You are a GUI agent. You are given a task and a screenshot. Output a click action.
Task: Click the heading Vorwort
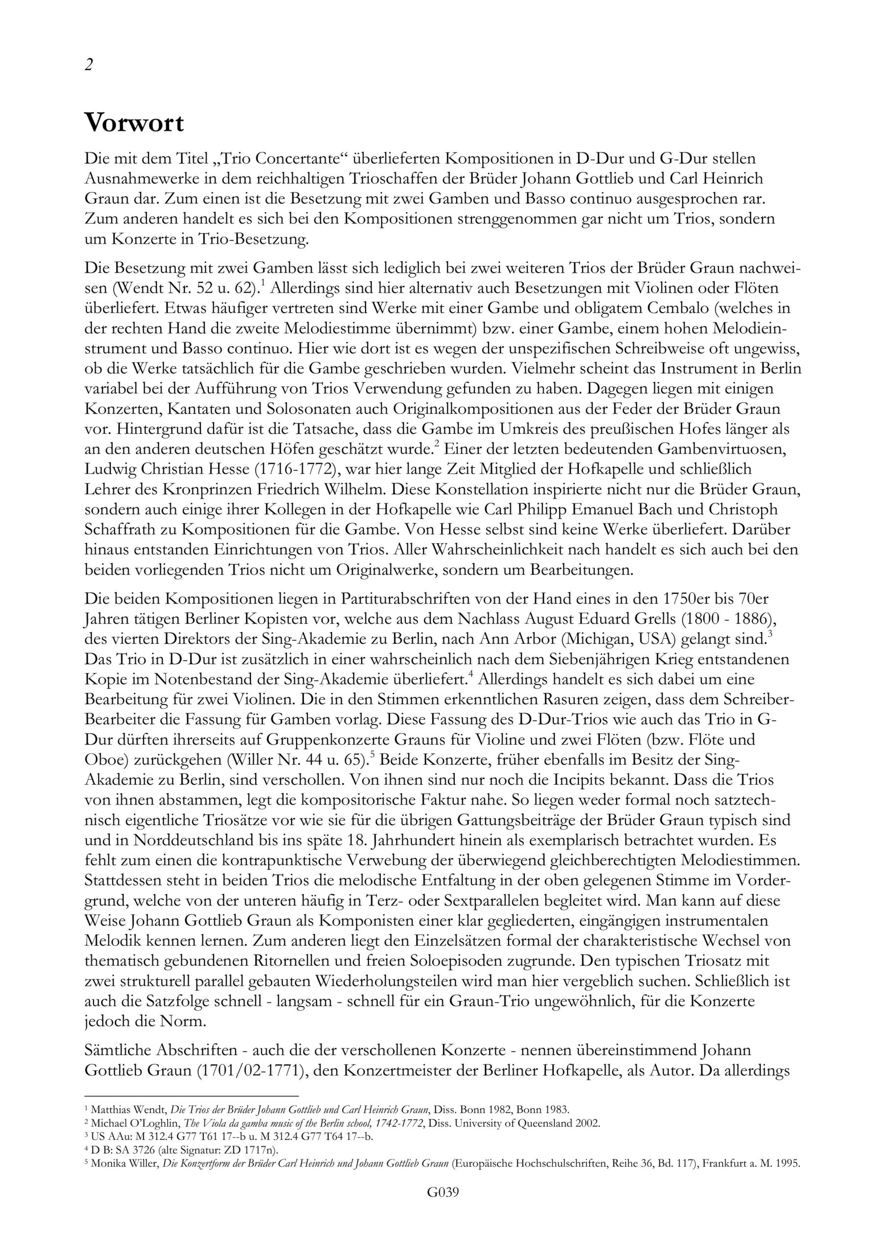pos(134,123)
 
